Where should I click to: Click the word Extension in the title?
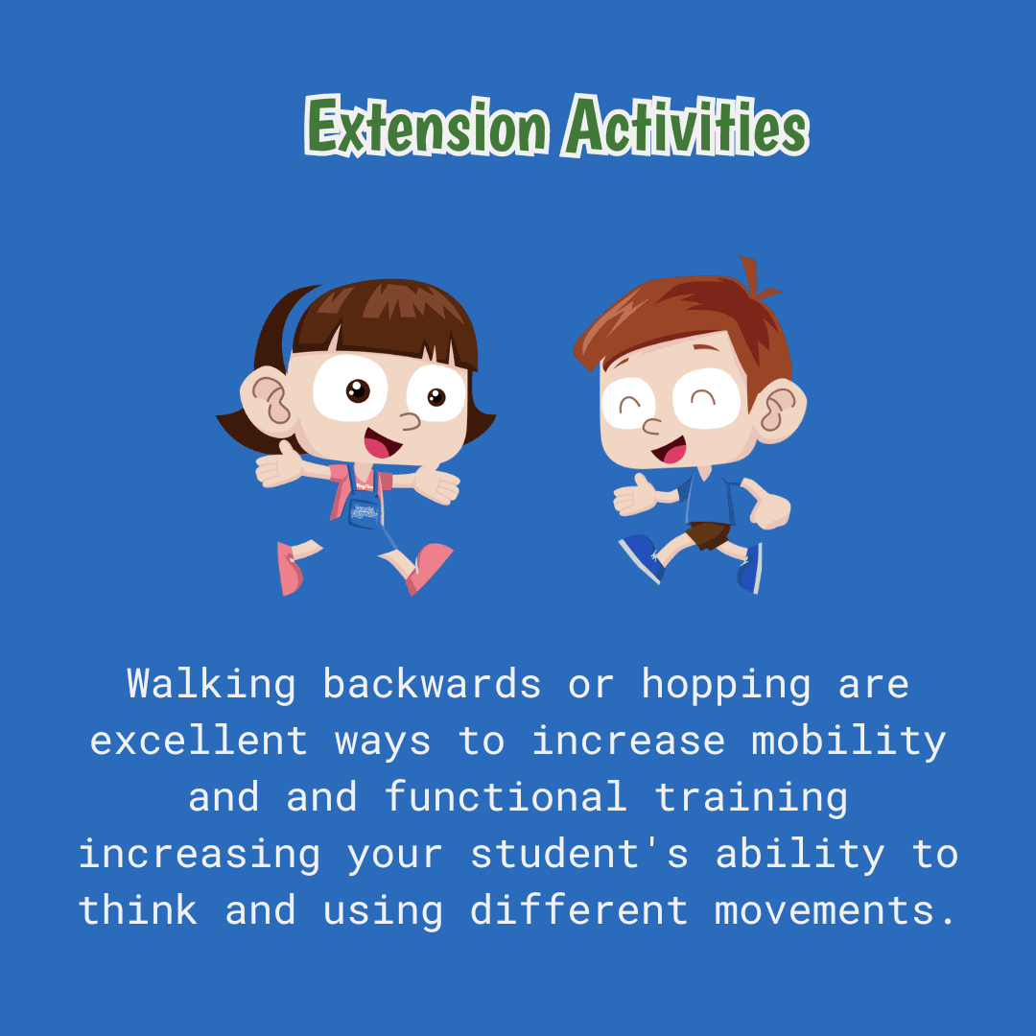(x=427, y=127)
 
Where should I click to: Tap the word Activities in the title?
(x=686, y=125)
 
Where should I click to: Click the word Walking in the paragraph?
(x=211, y=685)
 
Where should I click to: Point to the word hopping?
(x=726, y=686)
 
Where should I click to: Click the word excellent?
(x=199, y=740)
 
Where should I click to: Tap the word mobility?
(x=849, y=742)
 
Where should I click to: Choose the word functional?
(x=506, y=797)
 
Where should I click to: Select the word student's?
(x=578, y=855)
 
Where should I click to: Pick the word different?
(x=578, y=910)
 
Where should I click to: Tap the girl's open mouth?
(x=381, y=444)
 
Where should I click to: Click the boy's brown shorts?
(x=709, y=534)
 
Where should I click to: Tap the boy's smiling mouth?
(x=671, y=451)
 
